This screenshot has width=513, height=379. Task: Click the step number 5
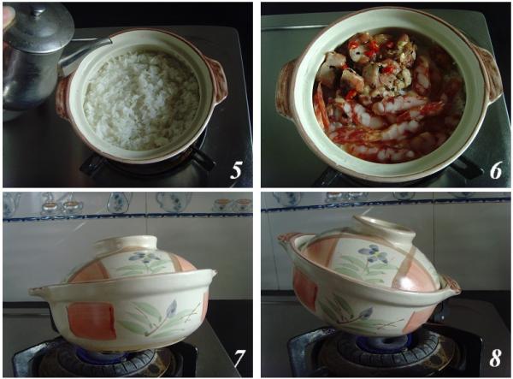pos(236,170)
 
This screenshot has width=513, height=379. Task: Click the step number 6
pos(496,170)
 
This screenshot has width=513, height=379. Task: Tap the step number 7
pos(239,358)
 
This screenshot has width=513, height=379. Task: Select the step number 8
pos(495,358)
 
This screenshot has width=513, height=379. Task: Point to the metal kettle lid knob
pos(38,11)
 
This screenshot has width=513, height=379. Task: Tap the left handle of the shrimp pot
pos(286,88)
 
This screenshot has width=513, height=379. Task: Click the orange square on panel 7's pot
pos(92,321)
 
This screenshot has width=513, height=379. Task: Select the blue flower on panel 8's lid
pos(373,252)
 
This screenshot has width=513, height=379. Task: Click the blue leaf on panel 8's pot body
pos(364,313)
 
